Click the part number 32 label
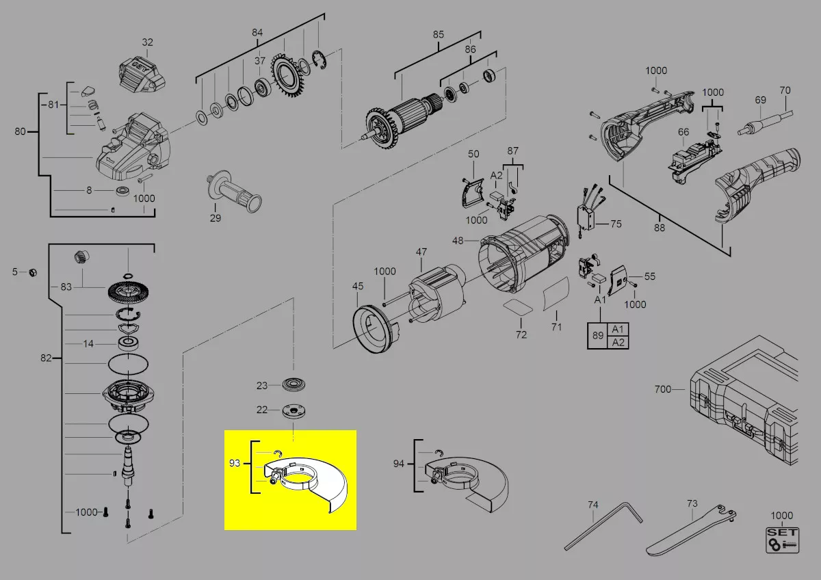[147, 42]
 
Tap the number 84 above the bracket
[257, 33]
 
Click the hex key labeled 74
[603, 526]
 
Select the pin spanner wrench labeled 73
[690, 531]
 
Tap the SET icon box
[782, 540]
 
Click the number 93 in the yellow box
[235, 463]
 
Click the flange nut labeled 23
[294, 384]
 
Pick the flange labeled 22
[294, 410]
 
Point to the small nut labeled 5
[33, 272]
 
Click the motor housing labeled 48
[524, 256]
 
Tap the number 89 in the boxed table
[598, 335]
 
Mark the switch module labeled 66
[694, 161]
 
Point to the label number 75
[616, 224]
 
